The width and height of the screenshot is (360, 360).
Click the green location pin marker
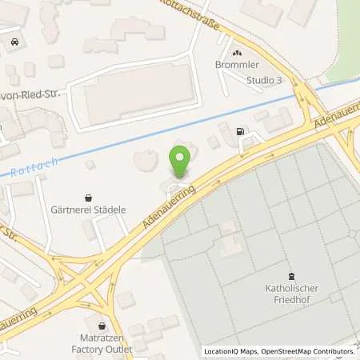[x=180, y=159]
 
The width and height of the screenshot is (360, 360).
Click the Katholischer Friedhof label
[x=291, y=294]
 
